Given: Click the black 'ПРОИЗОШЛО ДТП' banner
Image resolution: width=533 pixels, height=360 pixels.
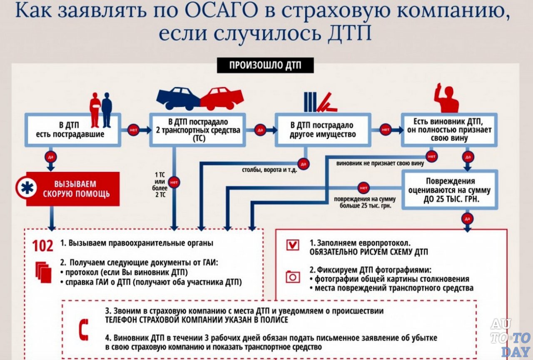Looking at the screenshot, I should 265,65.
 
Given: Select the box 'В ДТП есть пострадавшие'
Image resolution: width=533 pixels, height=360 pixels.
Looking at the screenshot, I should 72,130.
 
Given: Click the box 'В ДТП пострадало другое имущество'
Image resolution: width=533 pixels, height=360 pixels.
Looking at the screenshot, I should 323,130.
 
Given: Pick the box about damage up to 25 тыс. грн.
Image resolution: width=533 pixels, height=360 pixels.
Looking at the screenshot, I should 449,190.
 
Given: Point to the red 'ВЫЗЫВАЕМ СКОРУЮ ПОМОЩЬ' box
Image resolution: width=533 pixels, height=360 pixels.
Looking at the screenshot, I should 73,189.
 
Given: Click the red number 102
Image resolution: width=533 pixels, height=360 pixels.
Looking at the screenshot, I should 43,246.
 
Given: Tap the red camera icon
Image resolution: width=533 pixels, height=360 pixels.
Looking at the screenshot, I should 293,277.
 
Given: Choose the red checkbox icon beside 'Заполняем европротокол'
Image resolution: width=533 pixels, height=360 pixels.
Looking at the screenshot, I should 293,245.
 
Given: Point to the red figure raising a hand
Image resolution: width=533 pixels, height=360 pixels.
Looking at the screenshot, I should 446,99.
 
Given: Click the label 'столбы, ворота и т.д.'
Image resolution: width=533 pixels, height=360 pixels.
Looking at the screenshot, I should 269,170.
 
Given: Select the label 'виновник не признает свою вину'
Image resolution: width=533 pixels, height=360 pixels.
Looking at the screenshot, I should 380,163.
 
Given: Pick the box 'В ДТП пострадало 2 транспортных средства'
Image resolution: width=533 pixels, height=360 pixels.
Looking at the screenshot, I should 198,130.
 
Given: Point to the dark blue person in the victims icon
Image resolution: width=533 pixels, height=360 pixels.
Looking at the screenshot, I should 107,109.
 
